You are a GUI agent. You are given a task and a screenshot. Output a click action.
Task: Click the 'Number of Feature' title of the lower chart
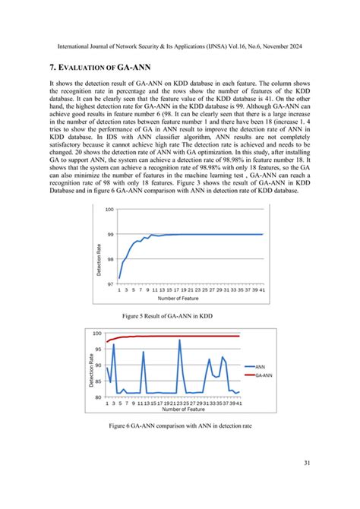[x=172, y=409]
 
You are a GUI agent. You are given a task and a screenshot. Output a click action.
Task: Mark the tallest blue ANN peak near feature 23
[x=180, y=340]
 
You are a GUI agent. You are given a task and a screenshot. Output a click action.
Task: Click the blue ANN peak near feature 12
[x=143, y=352]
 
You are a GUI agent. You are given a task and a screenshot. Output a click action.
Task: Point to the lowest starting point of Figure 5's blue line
[x=119, y=278]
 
